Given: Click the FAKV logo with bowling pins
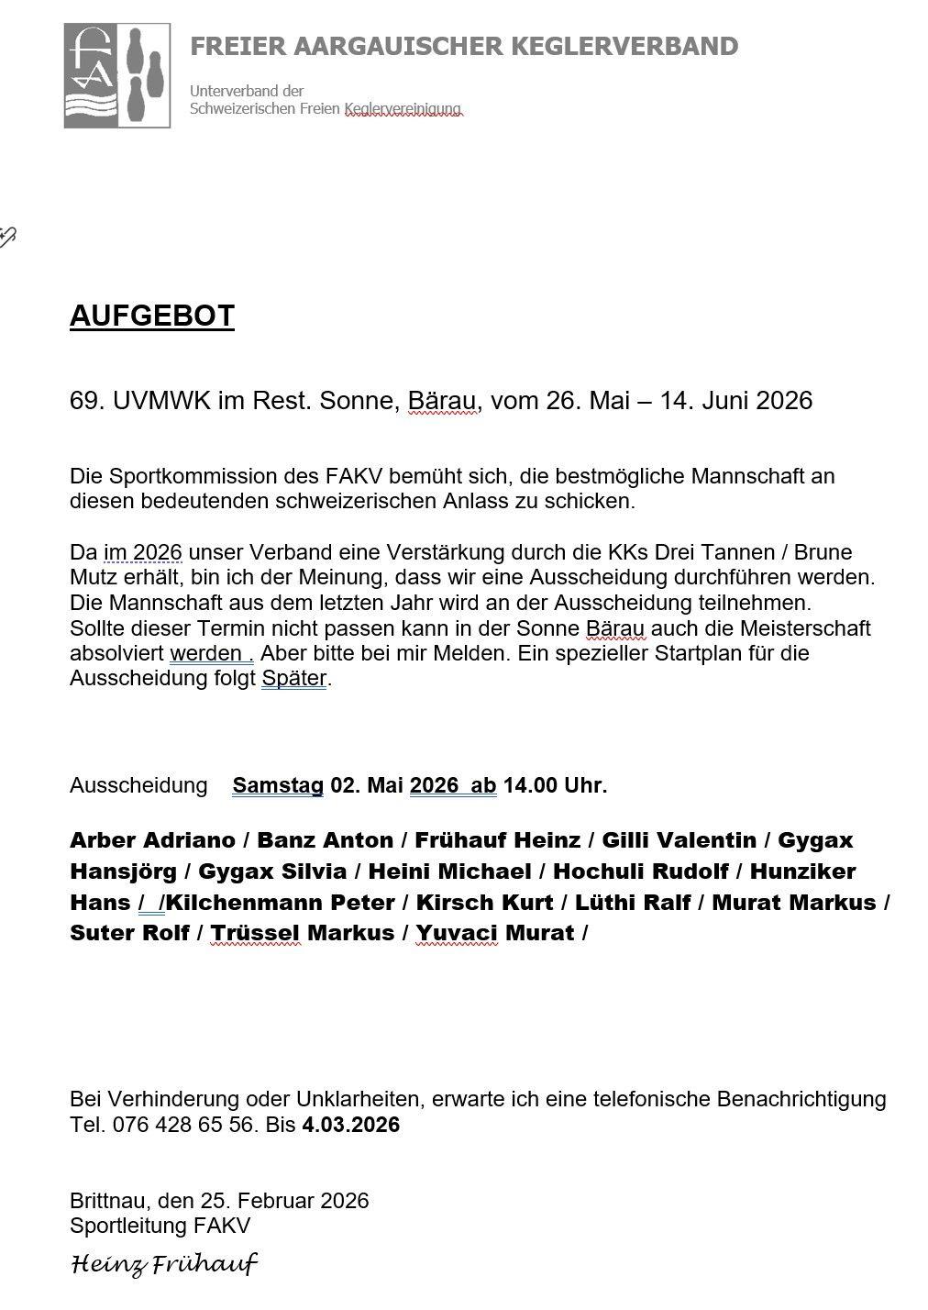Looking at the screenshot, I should pyautogui.click(x=117, y=75).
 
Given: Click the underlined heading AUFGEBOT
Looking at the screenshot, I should pyautogui.click(x=152, y=316).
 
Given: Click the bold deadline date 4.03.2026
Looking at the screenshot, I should pyautogui.click(x=350, y=1125).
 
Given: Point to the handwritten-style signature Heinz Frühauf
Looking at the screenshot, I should pyautogui.click(x=164, y=1265).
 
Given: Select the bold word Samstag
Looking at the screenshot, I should pyautogui.click(x=278, y=785).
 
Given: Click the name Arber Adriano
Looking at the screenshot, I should pyautogui.click(x=151, y=840).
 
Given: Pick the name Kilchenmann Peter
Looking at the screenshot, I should pyautogui.click(x=281, y=902).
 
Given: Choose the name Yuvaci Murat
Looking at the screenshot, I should pyautogui.click(x=495, y=933).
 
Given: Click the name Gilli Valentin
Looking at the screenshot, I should pyautogui.click(x=679, y=840).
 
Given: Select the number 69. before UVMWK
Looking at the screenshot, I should pyautogui.click(x=87, y=401).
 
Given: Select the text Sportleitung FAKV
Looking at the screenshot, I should pyautogui.click(x=160, y=1226).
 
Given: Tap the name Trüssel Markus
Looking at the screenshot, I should pyautogui.click(x=303, y=933).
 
